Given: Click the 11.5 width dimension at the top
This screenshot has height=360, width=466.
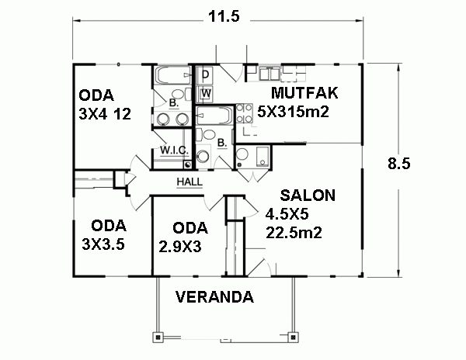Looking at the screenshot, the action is (x=224, y=16).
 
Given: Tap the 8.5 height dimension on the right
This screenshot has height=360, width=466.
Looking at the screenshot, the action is (x=399, y=163).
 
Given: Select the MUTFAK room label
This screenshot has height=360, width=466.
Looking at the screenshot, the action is (x=304, y=93).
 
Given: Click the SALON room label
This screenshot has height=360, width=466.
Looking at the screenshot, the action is (x=308, y=196).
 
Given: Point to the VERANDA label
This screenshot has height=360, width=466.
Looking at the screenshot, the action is (x=214, y=297).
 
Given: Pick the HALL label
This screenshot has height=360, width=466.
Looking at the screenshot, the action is (x=190, y=182).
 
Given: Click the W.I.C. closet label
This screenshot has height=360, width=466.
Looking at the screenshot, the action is (x=174, y=151).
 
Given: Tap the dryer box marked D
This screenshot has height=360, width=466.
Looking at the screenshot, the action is (x=205, y=74).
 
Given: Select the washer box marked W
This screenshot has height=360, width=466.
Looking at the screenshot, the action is (x=205, y=93).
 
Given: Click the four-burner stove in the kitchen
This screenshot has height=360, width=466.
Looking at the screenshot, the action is (x=245, y=113).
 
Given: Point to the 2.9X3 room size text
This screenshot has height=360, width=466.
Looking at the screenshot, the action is (x=180, y=247).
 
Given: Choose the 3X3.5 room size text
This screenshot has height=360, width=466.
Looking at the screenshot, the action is (x=103, y=244).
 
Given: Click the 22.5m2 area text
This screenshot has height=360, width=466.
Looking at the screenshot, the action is (x=294, y=233).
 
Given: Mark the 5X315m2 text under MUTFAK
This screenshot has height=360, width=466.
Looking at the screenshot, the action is (x=293, y=112).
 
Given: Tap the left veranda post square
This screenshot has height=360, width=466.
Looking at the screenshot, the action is (x=158, y=337).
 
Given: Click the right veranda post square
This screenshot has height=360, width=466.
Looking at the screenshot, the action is (x=293, y=337).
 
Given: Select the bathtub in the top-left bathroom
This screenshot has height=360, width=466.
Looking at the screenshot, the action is (x=172, y=75).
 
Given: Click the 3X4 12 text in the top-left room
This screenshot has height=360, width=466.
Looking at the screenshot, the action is (x=105, y=114).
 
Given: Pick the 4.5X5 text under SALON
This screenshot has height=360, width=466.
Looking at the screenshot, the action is (x=287, y=214).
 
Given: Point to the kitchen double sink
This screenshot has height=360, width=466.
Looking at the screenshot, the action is (x=269, y=73).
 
